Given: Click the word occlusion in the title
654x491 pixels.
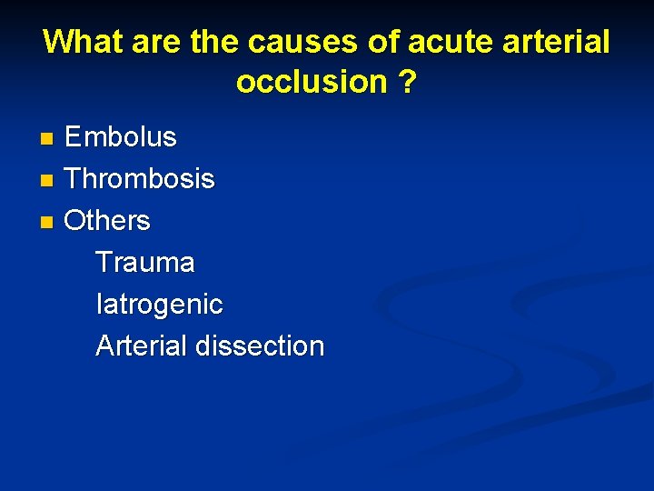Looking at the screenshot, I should [312, 82].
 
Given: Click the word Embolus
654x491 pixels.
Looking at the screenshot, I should [121, 137].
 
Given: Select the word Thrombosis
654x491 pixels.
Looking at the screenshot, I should [140, 179].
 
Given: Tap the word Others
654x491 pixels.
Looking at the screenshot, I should [107, 221].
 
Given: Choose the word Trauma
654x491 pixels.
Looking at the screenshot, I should [145, 263].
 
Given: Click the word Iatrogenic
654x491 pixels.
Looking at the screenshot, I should [159, 305].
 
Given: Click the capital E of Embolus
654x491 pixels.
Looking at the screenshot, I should [74, 137].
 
